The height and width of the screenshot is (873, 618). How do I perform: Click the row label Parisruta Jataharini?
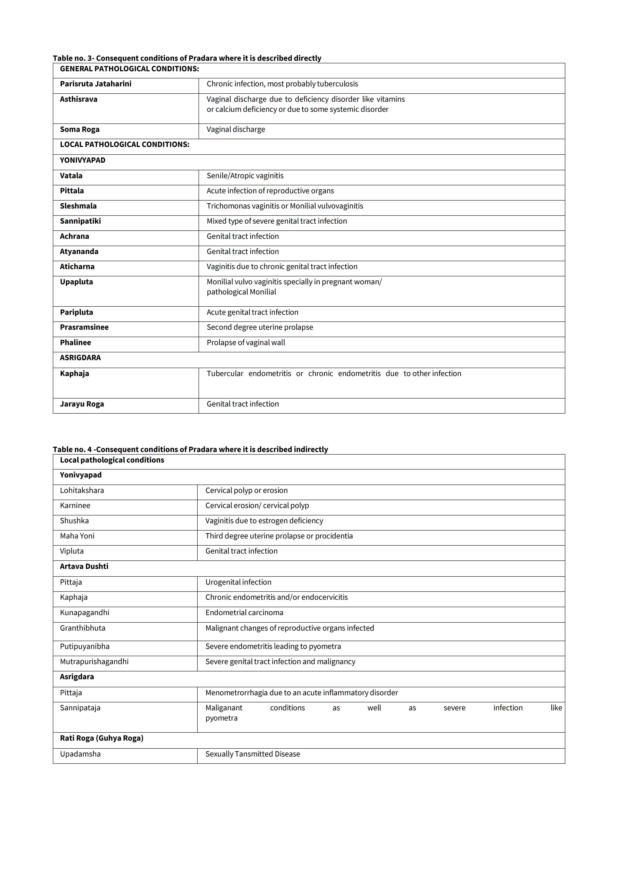pos(95,84)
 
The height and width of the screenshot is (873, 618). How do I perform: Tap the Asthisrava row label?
pos(78,99)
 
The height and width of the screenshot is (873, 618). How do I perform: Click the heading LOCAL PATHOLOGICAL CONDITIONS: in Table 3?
pos(124,145)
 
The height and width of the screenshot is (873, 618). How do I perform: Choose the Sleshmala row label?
pos(78,206)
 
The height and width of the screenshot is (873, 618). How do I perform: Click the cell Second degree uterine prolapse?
pos(260,327)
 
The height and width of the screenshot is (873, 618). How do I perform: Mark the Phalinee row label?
pos(75,343)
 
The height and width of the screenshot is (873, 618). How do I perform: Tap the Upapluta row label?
pos(76,282)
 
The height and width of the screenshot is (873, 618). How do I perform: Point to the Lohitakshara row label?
pos(82,491)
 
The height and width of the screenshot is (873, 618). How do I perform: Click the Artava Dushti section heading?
pos(84,567)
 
